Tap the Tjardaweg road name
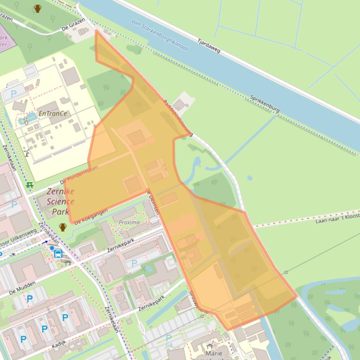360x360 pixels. click(209, 45)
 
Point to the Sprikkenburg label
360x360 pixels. click(264, 104)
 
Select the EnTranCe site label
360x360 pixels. click(52, 114)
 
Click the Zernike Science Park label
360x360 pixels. click(60, 202)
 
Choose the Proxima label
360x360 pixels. click(129, 222)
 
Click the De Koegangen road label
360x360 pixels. click(91, 216)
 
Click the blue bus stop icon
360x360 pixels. click(58, 254)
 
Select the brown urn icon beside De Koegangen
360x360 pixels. click(63, 227)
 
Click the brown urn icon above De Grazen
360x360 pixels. click(38, 8)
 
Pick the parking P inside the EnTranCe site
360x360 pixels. click(14, 94)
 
